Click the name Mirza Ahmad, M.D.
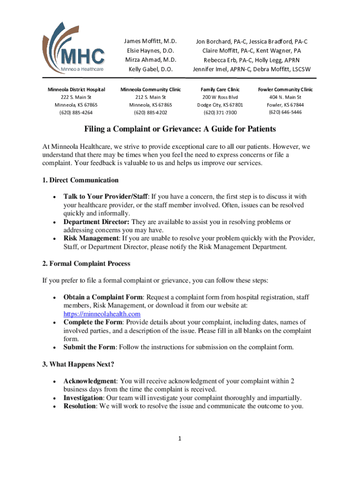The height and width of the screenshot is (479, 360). point(151,60)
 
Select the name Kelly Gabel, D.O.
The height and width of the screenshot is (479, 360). point(151,69)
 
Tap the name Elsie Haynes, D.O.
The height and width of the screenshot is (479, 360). point(151,51)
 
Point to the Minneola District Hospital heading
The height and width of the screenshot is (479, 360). point(76,89)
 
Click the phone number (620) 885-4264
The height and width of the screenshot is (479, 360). point(76,112)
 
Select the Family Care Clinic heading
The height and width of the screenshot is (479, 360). point(220,89)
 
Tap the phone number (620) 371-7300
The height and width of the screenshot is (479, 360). point(220,112)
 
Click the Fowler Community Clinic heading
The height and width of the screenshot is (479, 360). point(285,89)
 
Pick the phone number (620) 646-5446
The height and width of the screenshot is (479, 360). point(285,112)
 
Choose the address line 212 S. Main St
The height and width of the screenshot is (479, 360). point(151,97)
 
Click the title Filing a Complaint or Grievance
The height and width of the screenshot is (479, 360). point(180,129)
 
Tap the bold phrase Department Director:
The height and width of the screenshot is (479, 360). point(97,222)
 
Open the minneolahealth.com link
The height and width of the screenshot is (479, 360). point(102,314)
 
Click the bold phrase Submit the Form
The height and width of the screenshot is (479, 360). point(89,347)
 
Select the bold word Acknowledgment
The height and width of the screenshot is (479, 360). point(89,381)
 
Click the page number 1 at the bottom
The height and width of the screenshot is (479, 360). point(180,438)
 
